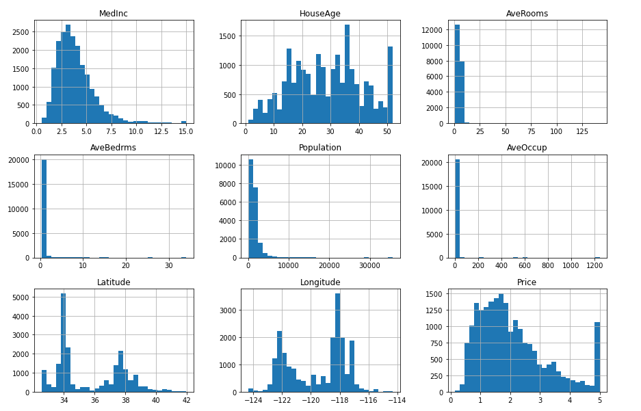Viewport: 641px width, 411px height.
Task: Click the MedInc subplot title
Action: [114, 14]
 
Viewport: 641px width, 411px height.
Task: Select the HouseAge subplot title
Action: [319, 14]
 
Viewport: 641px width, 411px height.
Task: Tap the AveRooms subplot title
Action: [527, 14]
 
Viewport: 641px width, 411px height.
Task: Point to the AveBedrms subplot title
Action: [114, 148]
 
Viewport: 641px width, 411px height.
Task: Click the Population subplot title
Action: [319, 148]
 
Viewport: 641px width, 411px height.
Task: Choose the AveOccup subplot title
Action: [527, 148]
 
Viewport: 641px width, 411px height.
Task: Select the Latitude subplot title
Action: [114, 282]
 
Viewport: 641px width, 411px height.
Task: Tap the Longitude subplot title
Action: [319, 282]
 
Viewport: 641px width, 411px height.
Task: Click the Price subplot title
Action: [527, 282]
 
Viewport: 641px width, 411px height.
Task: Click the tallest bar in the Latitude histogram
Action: [63, 342]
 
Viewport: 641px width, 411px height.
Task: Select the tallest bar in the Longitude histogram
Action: [337, 342]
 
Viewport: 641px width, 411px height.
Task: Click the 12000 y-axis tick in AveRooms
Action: [439, 29]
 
